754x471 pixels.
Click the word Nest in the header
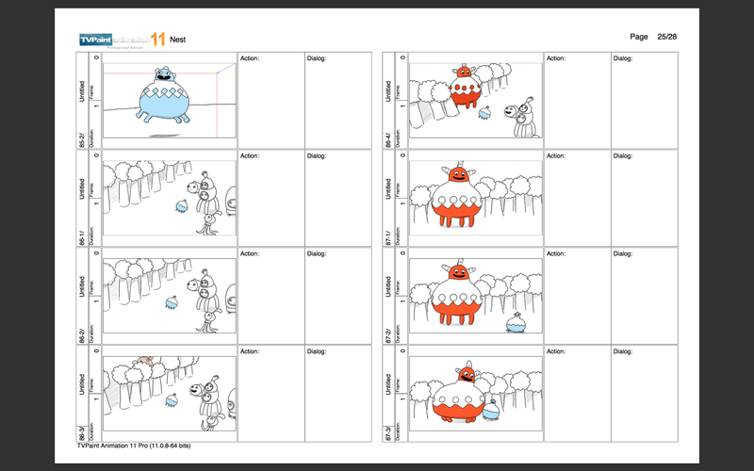177,40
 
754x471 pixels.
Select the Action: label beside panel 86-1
250,156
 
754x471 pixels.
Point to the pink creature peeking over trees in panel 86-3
144,361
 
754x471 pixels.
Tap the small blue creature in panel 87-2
515,325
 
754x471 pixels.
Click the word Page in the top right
639,36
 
